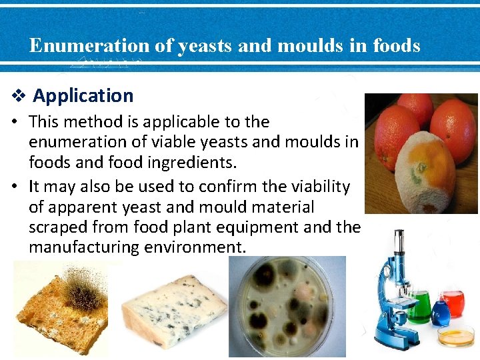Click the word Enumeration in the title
tap(89, 45)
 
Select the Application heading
tap(83, 95)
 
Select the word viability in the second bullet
tap(316, 186)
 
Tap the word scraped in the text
tap(59, 227)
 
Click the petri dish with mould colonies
tap(287, 307)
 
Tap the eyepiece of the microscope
tap(399, 237)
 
